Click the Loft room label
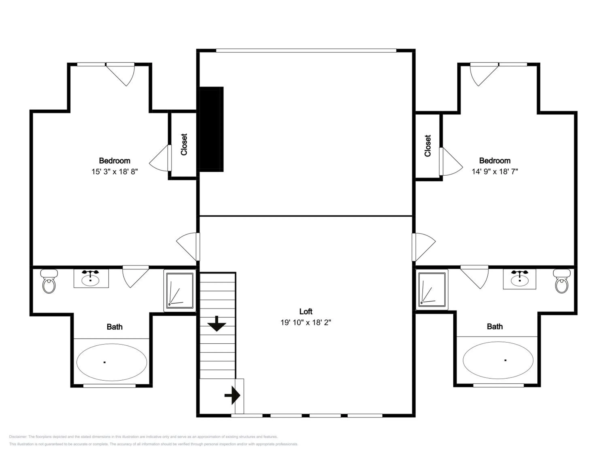point(306,312)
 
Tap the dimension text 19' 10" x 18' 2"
point(306,323)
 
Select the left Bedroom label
point(115,161)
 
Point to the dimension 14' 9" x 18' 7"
point(495,172)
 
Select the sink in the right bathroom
point(519,279)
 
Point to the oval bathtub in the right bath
point(498,360)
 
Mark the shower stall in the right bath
point(432,290)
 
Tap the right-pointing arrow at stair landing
point(232,395)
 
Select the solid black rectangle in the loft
point(211,129)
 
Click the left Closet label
point(184,145)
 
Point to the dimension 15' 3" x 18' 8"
point(115,172)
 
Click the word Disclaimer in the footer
point(18,437)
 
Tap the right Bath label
point(495,327)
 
